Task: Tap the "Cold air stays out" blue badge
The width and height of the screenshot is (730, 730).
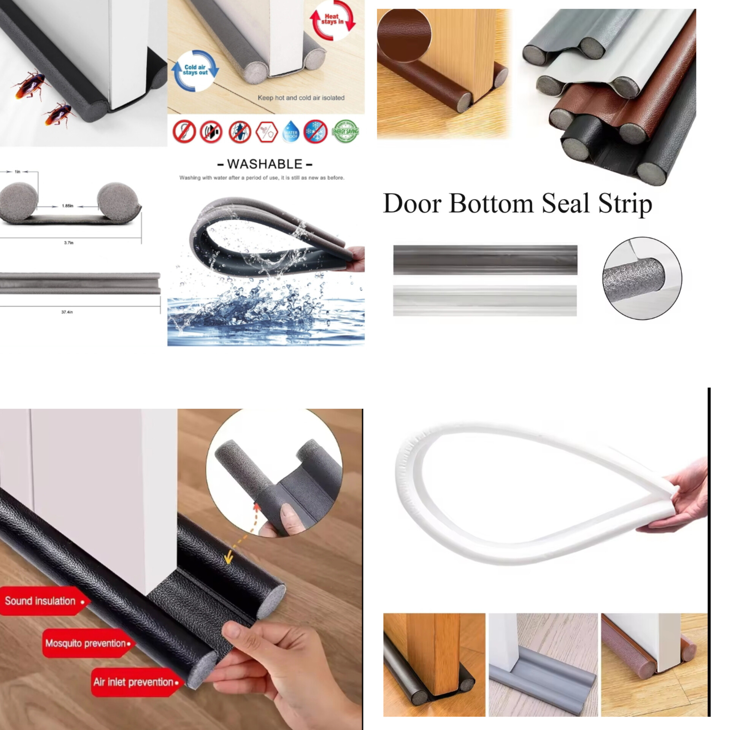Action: [195, 70]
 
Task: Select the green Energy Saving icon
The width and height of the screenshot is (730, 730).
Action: [345, 132]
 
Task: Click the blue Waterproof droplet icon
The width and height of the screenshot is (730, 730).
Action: [291, 132]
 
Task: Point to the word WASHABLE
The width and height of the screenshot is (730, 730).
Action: [265, 164]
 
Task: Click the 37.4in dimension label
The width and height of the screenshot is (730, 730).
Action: [67, 312]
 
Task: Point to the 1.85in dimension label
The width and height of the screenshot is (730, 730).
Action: [68, 206]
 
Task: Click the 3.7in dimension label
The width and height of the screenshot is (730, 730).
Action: [68, 243]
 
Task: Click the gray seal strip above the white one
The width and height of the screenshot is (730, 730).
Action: [485, 260]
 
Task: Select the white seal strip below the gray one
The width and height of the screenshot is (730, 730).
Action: [485, 300]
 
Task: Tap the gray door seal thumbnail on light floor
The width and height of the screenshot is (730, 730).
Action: [543, 665]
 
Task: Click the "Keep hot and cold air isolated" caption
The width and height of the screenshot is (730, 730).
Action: [301, 98]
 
